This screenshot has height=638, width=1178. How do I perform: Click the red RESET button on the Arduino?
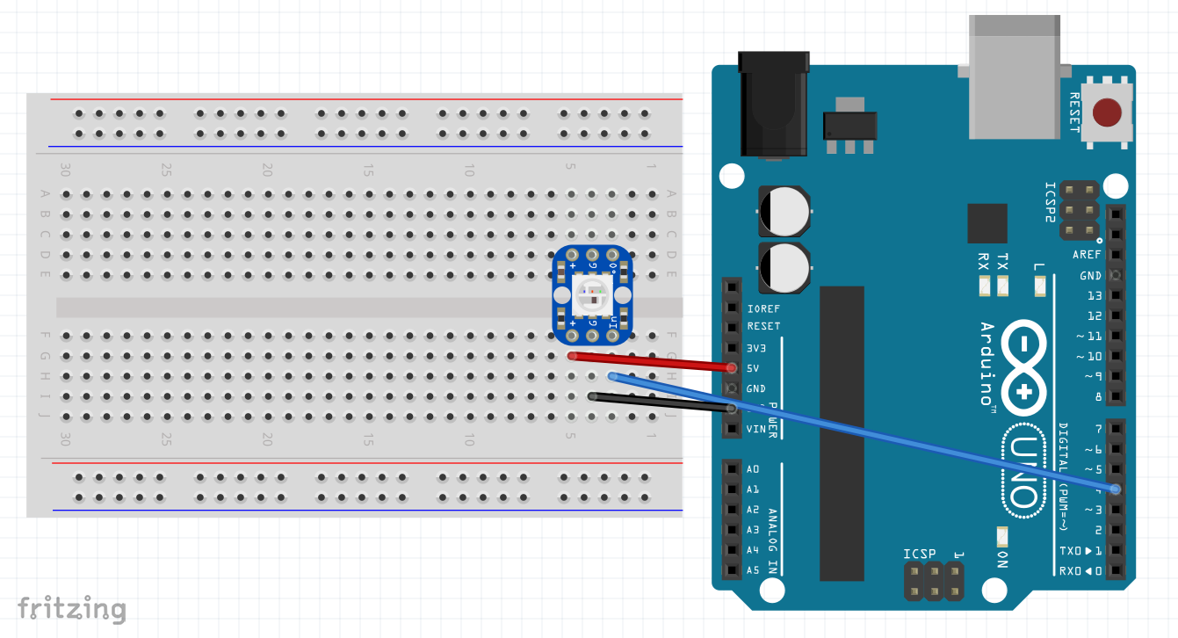1107,112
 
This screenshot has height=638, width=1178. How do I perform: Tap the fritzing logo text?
72,608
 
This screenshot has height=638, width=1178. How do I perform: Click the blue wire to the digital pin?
861,431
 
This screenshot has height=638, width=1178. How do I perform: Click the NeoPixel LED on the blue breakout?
588,294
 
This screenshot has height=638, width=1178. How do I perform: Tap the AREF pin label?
1087,255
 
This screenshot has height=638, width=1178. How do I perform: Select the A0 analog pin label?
752,469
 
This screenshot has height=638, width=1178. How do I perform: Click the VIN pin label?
756,429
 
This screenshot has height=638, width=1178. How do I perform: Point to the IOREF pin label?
762,309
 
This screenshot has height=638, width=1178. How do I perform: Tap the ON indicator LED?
1001,535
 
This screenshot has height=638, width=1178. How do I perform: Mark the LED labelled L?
1040,285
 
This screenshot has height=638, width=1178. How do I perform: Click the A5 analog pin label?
752,570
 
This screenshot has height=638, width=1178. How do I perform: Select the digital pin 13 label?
1094,295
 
